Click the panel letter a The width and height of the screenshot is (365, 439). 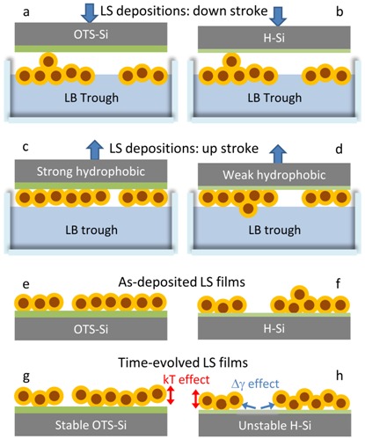click(x=26, y=12)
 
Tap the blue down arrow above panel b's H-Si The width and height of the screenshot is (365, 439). click(x=277, y=16)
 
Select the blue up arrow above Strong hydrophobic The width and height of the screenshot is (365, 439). click(x=95, y=150)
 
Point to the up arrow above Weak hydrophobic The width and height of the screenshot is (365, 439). click(x=278, y=153)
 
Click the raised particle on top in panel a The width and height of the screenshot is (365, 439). click(x=48, y=61)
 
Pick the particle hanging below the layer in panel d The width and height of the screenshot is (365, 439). click(x=248, y=209)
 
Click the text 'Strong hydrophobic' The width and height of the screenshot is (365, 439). click(x=91, y=172)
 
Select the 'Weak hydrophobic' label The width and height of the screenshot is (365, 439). click(x=274, y=175)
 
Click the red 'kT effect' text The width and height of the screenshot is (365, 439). click(x=186, y=379)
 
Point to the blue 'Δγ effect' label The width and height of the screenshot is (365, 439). click(x=255, y=384)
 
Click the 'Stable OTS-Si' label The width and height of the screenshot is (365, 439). click(x=91, y=425)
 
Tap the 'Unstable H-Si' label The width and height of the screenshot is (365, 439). click(x=274, y=426)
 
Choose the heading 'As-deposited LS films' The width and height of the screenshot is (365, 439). click(x=182, y=282)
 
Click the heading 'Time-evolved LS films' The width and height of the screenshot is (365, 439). click(x=183, y=362)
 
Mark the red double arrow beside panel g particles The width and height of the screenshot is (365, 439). click(x=171, y=395)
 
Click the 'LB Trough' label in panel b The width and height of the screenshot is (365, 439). click(x=274, y=98)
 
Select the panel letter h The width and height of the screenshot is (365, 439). click(x=339, y=376)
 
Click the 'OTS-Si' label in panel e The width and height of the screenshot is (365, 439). click(x=91, y=329)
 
